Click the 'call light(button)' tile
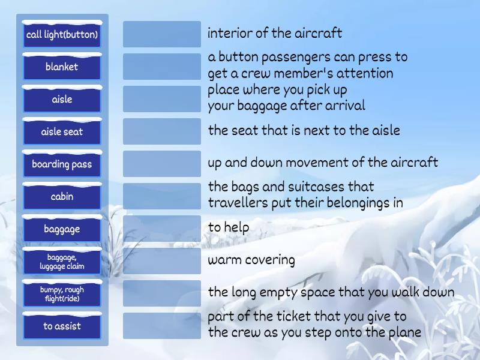[x=62, y=35]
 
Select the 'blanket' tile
[x=62, y=67]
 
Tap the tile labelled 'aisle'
[x=62, y=100]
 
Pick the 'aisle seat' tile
[x=62, y=132]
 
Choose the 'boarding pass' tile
[x=62, y=164]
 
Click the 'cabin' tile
[x=62, y=197]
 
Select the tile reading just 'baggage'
[x=62, y=229]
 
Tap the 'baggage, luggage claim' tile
[x=62, y=262]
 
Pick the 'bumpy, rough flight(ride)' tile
[x=62, y=294]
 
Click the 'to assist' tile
[x=62, y=326]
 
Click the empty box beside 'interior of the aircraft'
[x=162, y=34]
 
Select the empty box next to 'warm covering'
[x=162, y=261]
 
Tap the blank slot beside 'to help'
[x=162, y=229]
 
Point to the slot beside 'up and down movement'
[x=162, y=164]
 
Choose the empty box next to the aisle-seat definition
[x=162, y=131]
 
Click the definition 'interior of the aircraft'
[x=275, y=33]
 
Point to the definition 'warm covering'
[x=251, y=260]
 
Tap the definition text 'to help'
[x=229, y=228]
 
